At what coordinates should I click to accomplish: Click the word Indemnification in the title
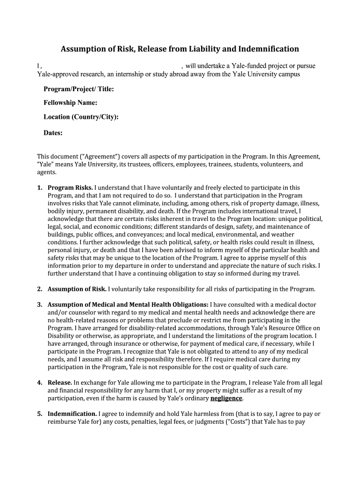[266, 49]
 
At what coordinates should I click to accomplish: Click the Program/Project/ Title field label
[79, 89]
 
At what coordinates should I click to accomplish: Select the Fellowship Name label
[70, 103]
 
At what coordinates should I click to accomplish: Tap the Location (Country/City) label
[81, 117]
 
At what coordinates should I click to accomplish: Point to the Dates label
[53, 133]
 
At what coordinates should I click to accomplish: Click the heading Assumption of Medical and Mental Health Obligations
[128, 304]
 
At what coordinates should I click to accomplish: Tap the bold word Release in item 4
[60, 383]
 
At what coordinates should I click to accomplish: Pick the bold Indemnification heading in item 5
[72, 414]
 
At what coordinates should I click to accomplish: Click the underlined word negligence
[226, 399]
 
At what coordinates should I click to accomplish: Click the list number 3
[40, 304]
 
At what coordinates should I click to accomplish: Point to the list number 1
[40, 188]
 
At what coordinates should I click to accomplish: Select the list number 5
[40, 414]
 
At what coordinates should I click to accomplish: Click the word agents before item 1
[46, 172]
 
